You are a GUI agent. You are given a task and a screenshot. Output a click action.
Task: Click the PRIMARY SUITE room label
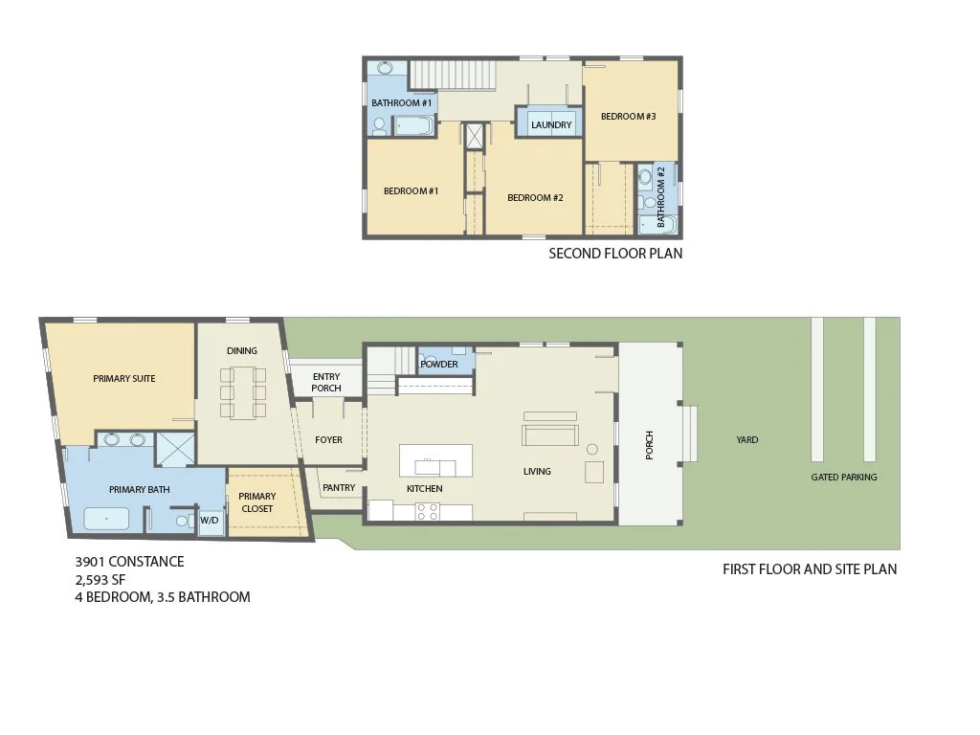[x=123, y=379]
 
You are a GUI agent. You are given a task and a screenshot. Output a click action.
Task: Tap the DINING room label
[x=241, y=351]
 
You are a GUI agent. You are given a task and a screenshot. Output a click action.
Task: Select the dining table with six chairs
[x=242, y=391]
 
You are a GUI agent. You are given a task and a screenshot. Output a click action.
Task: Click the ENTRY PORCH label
[x=326, y=382]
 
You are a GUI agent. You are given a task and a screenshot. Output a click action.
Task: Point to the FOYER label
[x=328, y=440]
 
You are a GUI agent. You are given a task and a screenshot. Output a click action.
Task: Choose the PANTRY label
[x=339, y=488]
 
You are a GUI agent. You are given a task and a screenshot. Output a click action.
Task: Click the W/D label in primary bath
[x=209, y=521]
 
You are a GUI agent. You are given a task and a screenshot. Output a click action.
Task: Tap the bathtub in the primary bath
[x=106, y=519]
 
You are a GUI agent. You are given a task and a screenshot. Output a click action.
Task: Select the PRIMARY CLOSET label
[x=257, y=502]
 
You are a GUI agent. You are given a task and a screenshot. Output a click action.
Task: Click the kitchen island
[x=436, y=460]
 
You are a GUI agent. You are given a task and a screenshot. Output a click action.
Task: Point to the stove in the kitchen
[x=427, y=512]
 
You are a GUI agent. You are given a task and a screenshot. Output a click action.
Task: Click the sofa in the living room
[x=549, y=435]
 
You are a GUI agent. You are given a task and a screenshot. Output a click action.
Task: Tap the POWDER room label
[x=439, y=365]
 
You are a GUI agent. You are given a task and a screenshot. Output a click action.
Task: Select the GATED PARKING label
[x=843, y=477]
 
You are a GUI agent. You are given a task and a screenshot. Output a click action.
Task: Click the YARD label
[x=746, y=440]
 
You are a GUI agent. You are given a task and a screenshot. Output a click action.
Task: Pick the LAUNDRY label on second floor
[x=551, y=125]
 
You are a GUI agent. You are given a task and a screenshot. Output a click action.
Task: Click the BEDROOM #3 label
[x=628, y=117]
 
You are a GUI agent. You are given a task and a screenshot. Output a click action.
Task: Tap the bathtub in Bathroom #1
[x=413, y=125]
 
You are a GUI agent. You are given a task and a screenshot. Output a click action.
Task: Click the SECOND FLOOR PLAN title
[x=615, y=254]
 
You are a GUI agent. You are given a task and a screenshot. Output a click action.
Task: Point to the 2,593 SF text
[x=100, y=579]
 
